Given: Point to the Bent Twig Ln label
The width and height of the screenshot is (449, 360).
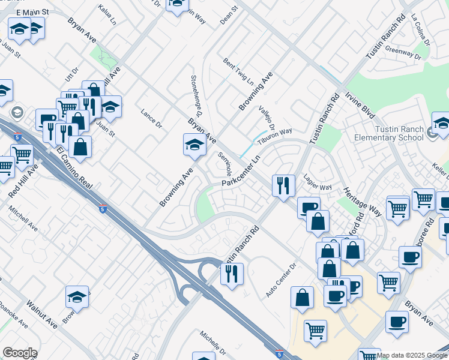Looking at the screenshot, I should [238, 71].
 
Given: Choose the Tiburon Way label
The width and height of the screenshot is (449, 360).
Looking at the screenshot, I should [275, 136].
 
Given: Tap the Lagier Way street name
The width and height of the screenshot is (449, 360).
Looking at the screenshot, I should [318, 187].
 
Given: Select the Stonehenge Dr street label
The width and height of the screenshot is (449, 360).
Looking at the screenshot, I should [196, 95].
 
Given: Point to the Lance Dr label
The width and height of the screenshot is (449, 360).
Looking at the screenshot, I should [151, 118].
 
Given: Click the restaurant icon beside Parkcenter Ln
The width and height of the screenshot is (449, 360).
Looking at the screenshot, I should [283, 185].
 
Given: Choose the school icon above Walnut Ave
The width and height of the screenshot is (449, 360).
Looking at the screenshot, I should [77, 297].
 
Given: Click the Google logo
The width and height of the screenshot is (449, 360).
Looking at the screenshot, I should [19, 353].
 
